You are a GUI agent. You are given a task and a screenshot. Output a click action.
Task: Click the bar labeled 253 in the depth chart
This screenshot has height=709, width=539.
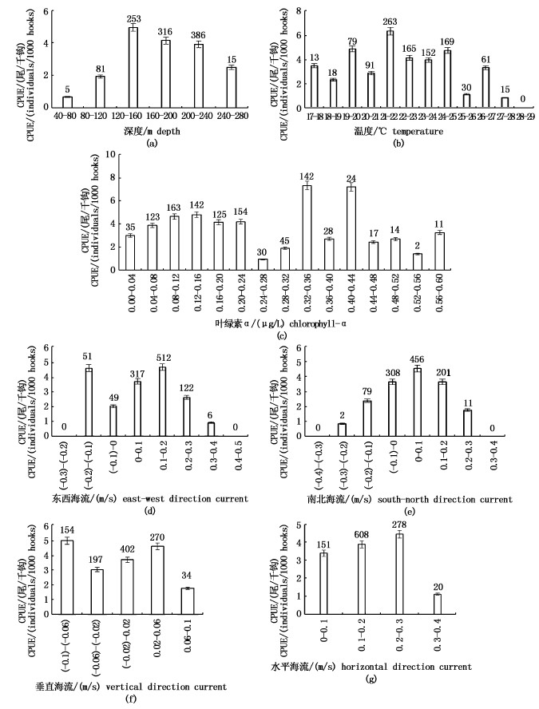(x=133, y=66)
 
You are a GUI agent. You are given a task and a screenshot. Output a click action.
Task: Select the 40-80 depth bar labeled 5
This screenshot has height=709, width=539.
(x=67, y=101)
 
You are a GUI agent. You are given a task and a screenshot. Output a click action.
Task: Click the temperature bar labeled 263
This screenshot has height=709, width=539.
(x=390, y=69)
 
